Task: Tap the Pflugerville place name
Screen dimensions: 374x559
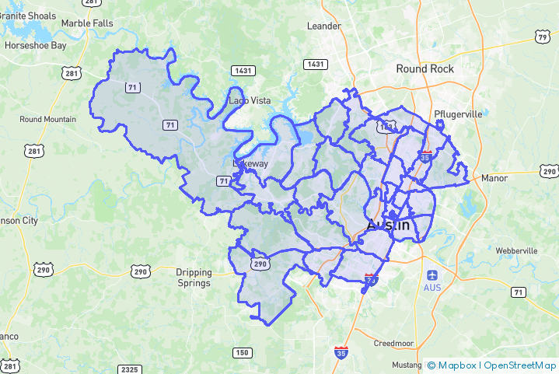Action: tap(458, 114)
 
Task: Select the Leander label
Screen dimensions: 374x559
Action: tap(324, 26)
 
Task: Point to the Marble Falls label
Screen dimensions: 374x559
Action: tap(86, 23)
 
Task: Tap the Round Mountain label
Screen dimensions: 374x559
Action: tap(48, 119)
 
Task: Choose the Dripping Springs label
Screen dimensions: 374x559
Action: tap(193, 278)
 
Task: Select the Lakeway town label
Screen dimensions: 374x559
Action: tap(250, 164)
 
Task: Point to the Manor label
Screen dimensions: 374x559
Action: tap(494, 178)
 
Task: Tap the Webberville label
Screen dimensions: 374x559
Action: tap(516, 251)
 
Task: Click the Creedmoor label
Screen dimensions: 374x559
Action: tap(393, 343)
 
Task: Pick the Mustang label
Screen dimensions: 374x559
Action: tap(407, 365)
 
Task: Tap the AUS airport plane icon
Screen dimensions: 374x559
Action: tap(431, 274)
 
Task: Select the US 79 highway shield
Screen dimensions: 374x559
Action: tap(543, 37)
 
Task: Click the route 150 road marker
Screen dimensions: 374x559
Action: tap(243, 353)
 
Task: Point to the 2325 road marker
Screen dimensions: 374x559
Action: tap(130, 369)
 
